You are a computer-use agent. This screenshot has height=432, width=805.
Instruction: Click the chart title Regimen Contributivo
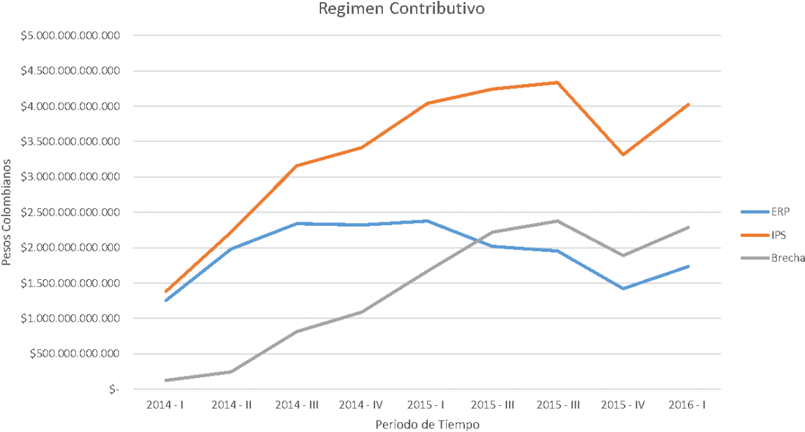coord(402,9)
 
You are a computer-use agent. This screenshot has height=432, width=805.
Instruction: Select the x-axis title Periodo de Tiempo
coord(426,424)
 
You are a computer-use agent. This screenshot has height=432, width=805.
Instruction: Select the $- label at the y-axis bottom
coord(114,389)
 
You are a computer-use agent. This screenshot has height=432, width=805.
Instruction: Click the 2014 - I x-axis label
coord(165,405)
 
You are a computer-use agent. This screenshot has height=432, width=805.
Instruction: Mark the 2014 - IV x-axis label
coord(361,405)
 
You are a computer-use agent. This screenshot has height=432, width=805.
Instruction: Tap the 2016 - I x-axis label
coord(687,405)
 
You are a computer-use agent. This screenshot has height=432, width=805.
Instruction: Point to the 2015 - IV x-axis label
coord(622,405)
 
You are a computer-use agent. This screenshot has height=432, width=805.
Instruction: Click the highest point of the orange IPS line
coord(557,82)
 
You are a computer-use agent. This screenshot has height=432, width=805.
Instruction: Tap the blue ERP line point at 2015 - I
coord(426,221)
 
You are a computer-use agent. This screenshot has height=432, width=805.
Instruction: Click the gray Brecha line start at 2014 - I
coord(165,380)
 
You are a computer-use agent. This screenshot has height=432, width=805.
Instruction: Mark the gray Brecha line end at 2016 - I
coord(688,227)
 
